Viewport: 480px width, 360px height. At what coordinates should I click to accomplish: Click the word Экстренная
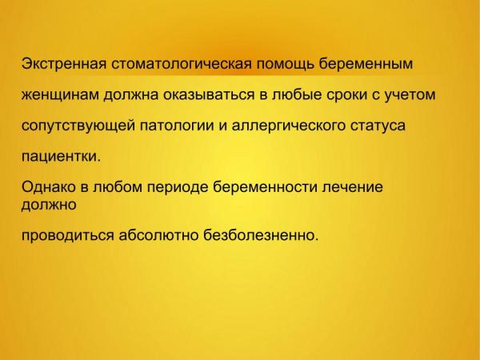click(x=64, y=64)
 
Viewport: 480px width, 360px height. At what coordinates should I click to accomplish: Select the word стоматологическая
click(x=182, y=64)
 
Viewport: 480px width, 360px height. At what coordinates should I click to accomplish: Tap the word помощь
click(x=285, y=64)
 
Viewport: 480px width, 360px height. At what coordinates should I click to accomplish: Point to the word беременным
click(x=366, y=64)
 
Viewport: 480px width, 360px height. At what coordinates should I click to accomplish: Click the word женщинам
click(x=60, y=95)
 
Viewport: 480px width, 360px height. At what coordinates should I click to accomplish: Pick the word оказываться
click(x=209, y=95)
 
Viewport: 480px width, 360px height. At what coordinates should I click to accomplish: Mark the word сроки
click(x=346, y=95)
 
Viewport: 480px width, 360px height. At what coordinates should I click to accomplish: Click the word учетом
click(x=410, y=95)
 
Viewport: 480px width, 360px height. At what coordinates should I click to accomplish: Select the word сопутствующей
click(x=78, y=126)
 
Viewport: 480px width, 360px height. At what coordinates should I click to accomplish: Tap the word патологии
click(x=177, y=126)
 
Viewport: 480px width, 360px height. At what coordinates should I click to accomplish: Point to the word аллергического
click(x=288, y=126)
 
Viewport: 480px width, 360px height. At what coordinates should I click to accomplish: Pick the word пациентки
click(x=62, y=157)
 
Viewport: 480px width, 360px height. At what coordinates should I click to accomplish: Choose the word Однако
click(x=48, y=186)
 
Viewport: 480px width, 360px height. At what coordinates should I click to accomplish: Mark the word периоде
click(x=178, y=187)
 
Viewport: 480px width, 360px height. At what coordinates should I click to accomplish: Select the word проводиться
click(x=68, y=236)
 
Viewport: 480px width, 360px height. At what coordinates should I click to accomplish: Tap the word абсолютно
click(x=158, y=235)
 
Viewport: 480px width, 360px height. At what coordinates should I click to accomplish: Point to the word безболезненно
click(x=261, y=235)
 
